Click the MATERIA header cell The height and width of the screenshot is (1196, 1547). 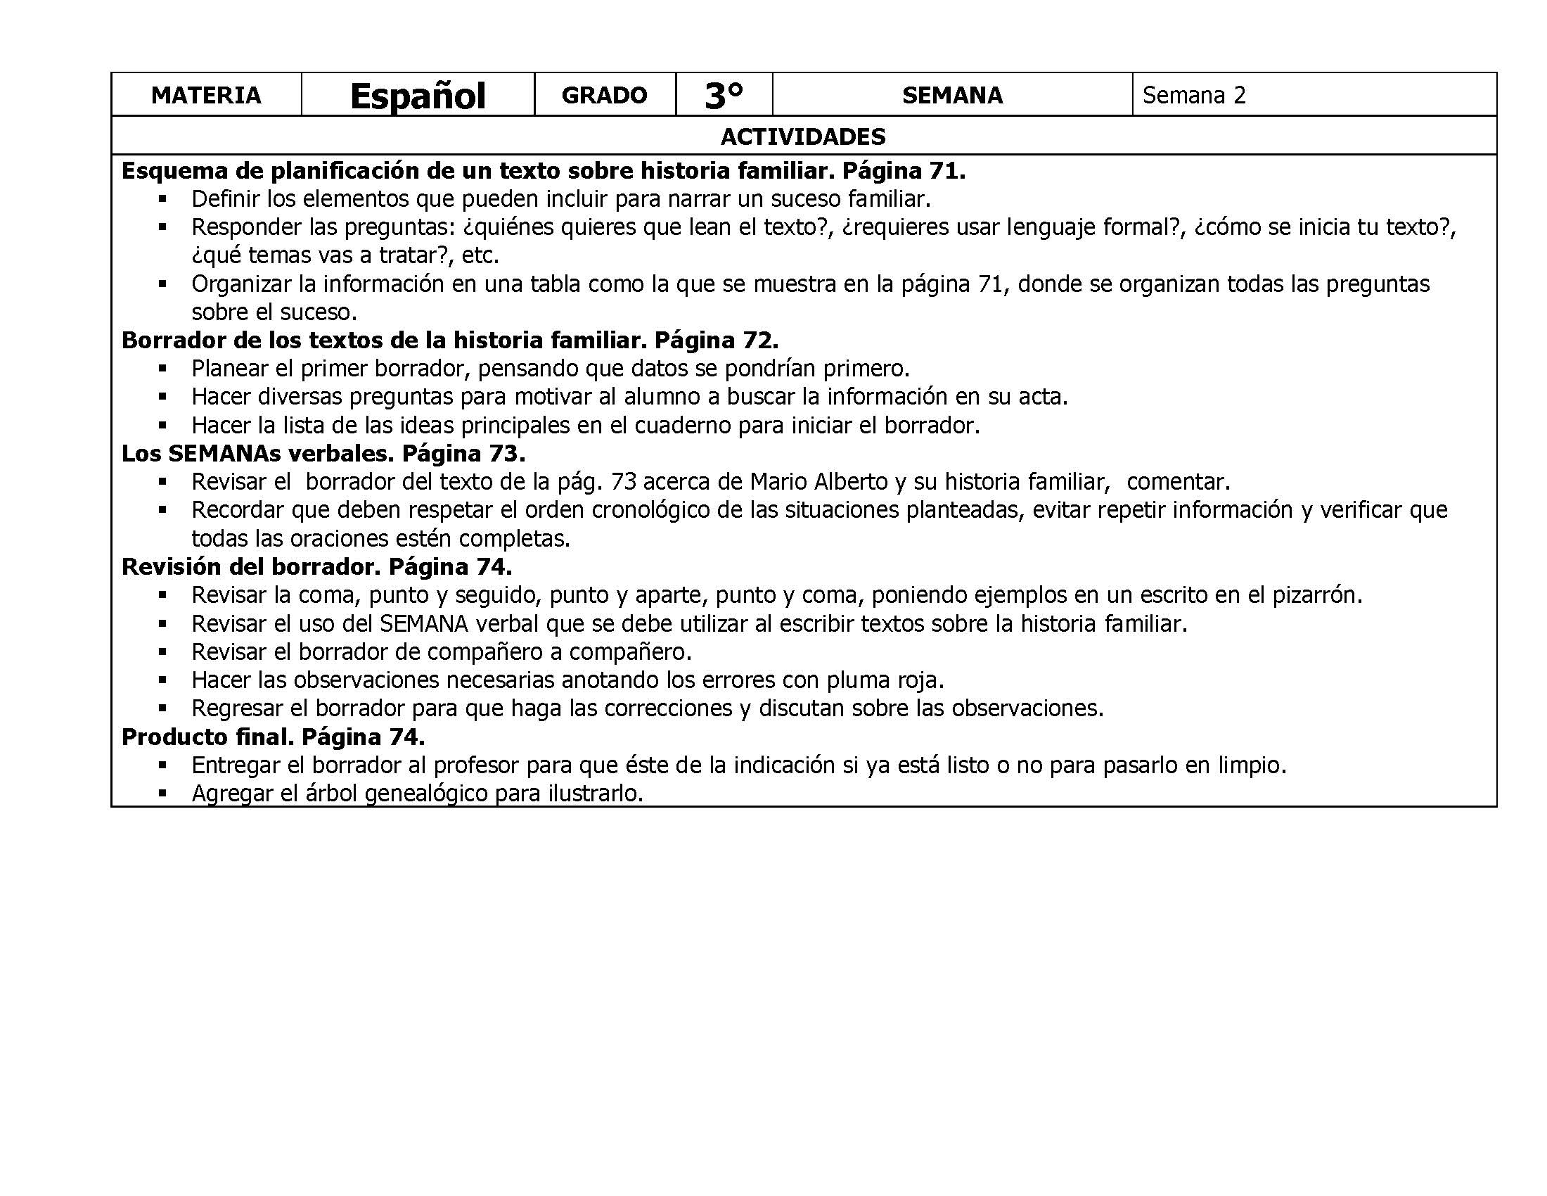[206, 95]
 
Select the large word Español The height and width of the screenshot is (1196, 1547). [417, 96]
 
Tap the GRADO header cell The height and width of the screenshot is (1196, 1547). [604, 95]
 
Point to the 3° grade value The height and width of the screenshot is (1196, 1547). [724, 96]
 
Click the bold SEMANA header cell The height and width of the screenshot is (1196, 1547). [952, 95]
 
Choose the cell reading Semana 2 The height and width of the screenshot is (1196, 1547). [1193, 95]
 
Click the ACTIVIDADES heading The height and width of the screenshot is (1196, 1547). [802, 136]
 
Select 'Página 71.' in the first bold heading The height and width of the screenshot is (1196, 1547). [904, 171]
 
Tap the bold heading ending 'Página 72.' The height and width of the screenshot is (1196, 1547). [450, 340]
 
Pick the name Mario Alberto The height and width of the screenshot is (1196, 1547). [819, 482]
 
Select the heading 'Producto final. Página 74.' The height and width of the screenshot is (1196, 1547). [274, 737]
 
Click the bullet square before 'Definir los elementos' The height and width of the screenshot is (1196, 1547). [162, 199]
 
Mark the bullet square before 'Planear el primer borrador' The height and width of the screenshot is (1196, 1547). [162, 369]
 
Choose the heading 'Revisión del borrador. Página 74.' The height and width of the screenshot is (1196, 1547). [316, 567]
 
